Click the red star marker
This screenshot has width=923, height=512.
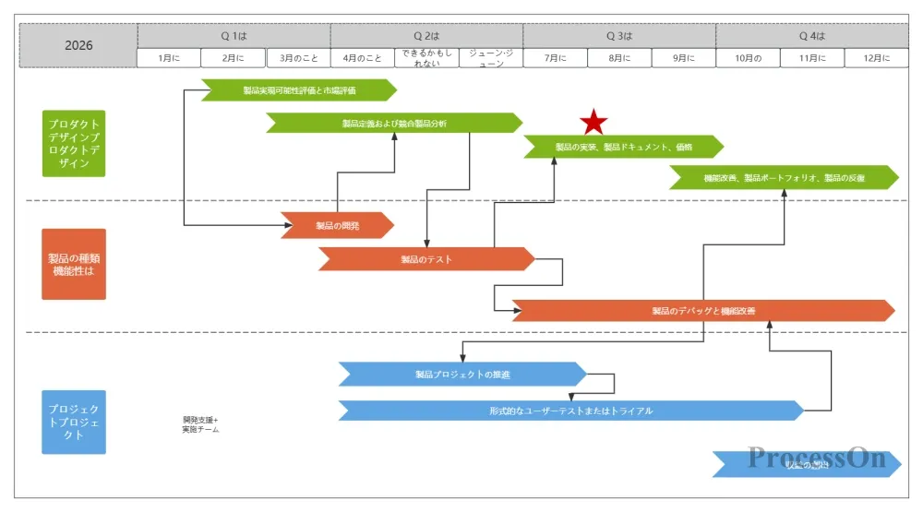tap(594, 122)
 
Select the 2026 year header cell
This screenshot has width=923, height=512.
tap(78, 45)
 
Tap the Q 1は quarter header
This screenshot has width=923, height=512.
tap(234, 36)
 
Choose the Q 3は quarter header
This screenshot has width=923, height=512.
tap(619, 36)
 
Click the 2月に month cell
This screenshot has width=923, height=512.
tap(234, 58)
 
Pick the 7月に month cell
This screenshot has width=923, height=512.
tap(555, 58)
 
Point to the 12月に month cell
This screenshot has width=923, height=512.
tap(876, 58)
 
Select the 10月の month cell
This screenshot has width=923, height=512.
tap(748, 58)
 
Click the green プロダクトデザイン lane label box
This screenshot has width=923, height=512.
tap(74, 143)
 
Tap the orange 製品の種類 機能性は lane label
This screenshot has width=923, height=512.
tap(74, 264)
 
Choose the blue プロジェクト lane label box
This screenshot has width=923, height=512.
tap(74, 422)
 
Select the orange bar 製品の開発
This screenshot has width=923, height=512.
tap(337, 225)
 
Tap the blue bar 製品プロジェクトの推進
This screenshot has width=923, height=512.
tap(462, 374)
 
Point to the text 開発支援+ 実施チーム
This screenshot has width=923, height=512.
tap(200, 424)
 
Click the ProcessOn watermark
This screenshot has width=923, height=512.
tap(816, 458)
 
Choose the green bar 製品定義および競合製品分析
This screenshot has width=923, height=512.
tap(394, 123)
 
